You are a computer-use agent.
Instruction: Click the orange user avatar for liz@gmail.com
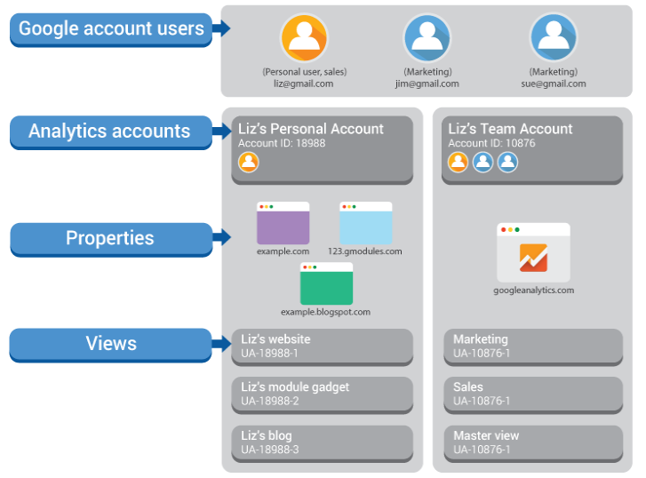click(x=304, y=37)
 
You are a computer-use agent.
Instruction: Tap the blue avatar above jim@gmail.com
click(x=427, y=37)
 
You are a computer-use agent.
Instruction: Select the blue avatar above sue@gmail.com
click(x=554, y=37)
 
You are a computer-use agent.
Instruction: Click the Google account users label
click(x=111, y=28)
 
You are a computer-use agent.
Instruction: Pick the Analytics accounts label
click(x=109, y=131)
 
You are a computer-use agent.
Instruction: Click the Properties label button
click(x=110, y=238)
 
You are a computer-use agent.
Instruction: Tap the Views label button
click(x=111, y=344)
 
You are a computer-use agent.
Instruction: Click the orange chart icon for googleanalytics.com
click(x=533, y=258)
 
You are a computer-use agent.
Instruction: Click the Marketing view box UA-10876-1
click(x=533, y=346)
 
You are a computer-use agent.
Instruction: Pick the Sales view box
click(x=533, y=394)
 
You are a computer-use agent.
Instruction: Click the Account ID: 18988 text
click(x=282, y=143)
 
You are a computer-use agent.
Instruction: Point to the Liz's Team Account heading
click(x=510, y=129)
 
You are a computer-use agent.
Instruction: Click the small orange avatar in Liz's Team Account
click(x=458, y=162)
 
